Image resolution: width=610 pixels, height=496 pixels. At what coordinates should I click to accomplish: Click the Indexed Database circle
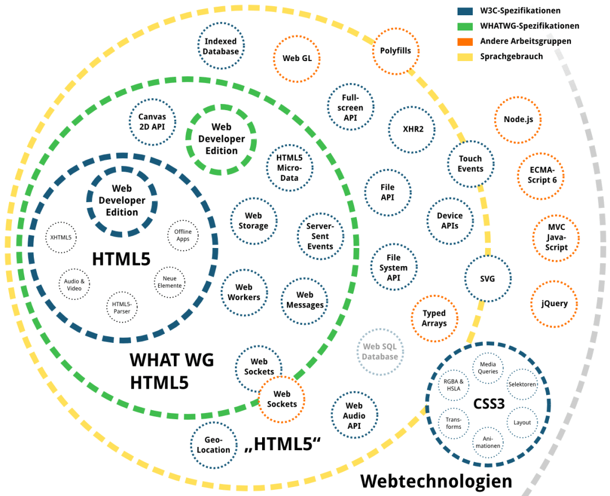(x=221, y=47)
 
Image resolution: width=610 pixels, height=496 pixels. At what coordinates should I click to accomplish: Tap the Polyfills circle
(x=395, y=51)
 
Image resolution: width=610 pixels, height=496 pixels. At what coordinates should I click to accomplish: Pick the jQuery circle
(x=554, y=304)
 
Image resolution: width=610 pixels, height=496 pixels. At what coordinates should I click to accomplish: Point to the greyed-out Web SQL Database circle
(x=380, y=352)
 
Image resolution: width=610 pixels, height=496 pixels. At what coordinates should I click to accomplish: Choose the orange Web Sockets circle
(x=282, y=399)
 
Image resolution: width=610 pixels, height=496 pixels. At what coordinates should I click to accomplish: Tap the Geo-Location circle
(x=213, y=445)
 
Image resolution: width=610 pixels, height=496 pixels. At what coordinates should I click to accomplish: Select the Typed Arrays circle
(x=434, y=318)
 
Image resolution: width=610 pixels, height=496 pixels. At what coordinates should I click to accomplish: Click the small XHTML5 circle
(x=60, y=238)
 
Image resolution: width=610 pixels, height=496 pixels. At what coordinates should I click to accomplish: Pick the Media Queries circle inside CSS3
(x=487, y=368)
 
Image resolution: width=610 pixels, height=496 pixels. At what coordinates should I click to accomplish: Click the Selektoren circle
(x=522, y=384)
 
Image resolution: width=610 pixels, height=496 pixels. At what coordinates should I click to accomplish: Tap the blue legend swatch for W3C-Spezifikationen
(x=465, y=11)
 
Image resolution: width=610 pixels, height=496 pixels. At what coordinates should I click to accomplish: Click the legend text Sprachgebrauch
(x=511, y=56)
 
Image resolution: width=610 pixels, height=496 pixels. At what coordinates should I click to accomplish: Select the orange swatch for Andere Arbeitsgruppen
(x=465, y=41)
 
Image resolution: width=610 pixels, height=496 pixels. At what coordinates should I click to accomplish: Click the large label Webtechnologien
(x=436, y=481)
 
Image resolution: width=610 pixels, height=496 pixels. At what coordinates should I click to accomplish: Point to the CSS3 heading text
(x=489, y=406)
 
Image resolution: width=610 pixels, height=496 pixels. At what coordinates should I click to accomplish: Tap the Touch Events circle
(x=470, y=164)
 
